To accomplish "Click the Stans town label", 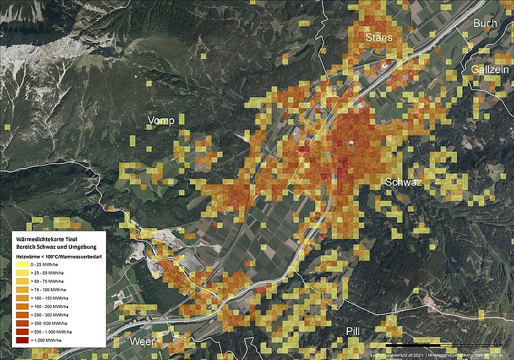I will pyautogui.click(x=379, y=37).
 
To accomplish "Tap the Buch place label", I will pyautogui.click(x=485, y=24).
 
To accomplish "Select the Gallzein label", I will pyautogui.click(x=490, y=70).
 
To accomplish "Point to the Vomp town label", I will pyautogui.click(x=160, y=121).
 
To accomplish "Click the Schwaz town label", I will pyautogui.click(x=404, y=183).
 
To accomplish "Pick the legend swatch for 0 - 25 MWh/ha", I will pyautogui.click(x=23, y=265).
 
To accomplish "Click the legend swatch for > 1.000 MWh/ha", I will pyautogui.click(x=23, y=340).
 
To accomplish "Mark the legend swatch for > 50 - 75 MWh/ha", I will pyautogui.click(x=23, y=281).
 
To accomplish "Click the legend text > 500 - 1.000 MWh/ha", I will pyautogui.click(x=52, y=332).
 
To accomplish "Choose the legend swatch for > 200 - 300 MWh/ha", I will pyautogui.click(x=23, y=315).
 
